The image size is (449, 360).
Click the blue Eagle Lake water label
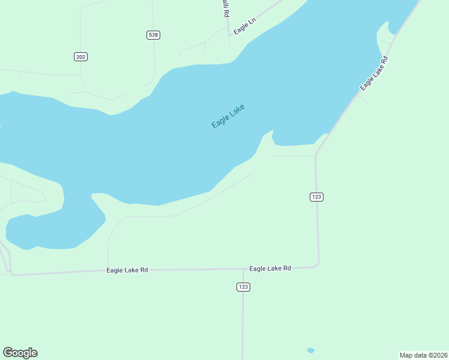click(228, 116)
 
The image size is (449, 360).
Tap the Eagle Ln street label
click(245, 26)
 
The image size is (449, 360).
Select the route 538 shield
click(153, 35)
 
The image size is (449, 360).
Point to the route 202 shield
click(81, 56)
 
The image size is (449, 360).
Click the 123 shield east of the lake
click(317, 197)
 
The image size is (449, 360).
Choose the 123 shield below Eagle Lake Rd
click(243, 287)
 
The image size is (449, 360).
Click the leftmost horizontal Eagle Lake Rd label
click(127, 270)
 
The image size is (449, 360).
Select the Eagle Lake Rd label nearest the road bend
click(270, 268)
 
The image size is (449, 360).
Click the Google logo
click(20, 353)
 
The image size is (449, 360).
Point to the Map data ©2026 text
click(423, 355)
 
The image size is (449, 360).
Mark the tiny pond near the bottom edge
click(310, 350)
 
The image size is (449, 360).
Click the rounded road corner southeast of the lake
click(318, 263)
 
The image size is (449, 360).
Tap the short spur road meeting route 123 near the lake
click(294, 156)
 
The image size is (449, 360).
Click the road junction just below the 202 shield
click(82, 75)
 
